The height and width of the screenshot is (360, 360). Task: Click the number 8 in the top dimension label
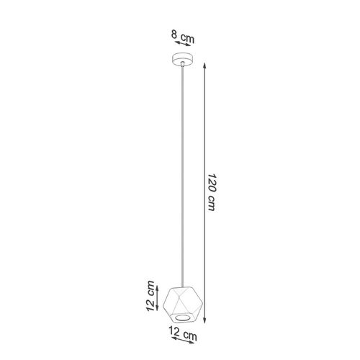(x=174, y=34)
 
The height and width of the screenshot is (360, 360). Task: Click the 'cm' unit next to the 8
(x=187, y=38)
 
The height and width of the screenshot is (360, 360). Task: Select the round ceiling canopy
(x=183, y=59)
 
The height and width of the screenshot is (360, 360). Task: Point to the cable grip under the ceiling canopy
(x=183, y=63)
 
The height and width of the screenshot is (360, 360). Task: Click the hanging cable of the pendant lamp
(x=183, y=176)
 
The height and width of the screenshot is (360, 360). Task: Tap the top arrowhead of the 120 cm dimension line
(x=204, y=66)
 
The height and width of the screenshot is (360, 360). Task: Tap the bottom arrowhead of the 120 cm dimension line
(x=204, y=320)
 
